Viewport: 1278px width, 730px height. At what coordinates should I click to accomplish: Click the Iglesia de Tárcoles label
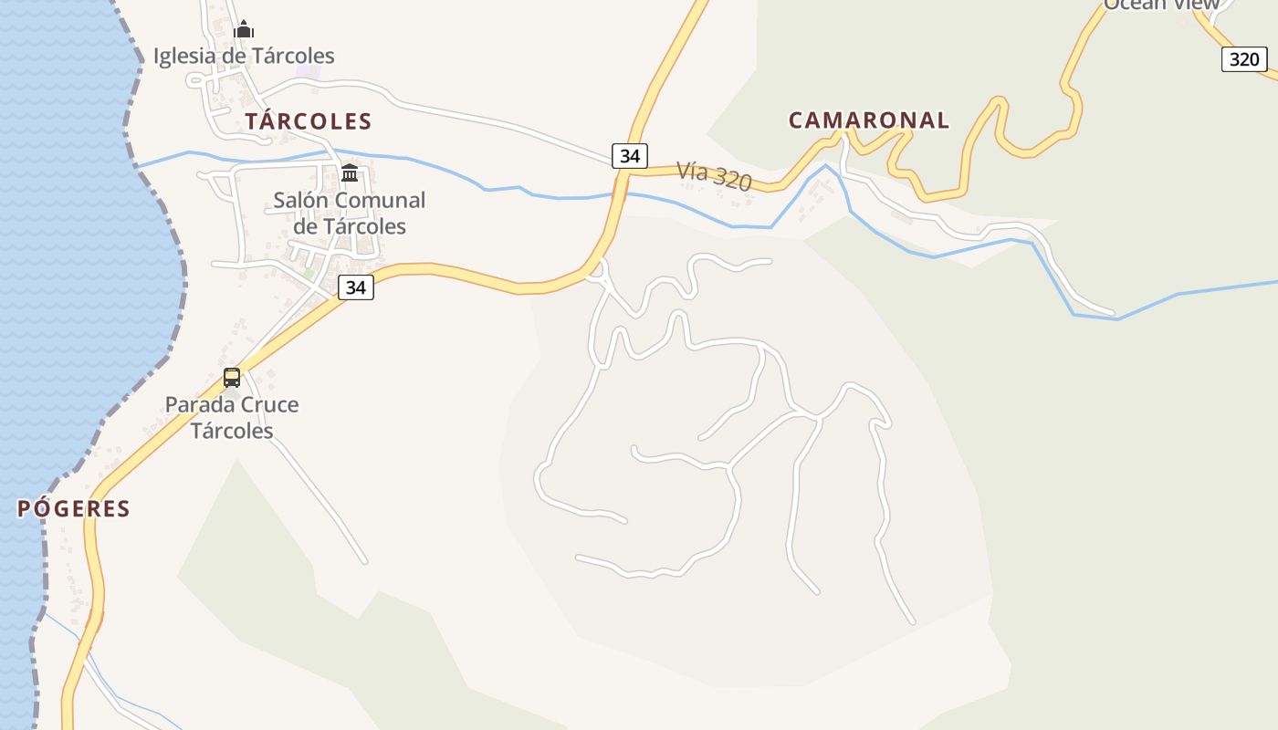[x=244, y=56]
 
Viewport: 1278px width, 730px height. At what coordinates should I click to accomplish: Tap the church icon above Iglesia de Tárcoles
[x=244, y=30]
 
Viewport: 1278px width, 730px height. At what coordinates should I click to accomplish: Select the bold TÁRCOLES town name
[x=309, y=121]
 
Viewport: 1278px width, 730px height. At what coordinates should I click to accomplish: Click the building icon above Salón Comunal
[x=350, y=172]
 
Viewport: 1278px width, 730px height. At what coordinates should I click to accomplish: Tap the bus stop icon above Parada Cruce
[x=232, y=377]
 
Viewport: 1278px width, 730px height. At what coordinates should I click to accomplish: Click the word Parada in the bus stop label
[x=198, y=404]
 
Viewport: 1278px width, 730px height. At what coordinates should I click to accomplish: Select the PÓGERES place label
[x=74, y=509]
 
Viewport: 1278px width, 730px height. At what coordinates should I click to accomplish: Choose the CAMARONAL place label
[x=869, y=120]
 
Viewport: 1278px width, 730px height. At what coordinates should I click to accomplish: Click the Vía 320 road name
[x=714, y=175]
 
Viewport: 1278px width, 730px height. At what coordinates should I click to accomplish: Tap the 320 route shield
[x=1244, y=59]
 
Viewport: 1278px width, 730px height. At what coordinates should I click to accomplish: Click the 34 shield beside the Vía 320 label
[x=629, y=156]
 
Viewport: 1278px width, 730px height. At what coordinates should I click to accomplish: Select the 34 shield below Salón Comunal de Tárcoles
[x=356, y=287]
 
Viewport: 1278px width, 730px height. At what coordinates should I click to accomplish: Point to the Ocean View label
[x=1161, y=5]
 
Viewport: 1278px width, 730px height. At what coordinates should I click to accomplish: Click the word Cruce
[x=269, y=404]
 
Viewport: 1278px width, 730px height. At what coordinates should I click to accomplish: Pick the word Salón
[x=301, y=200]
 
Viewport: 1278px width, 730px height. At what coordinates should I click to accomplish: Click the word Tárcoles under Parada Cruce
[x=232, y=431]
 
